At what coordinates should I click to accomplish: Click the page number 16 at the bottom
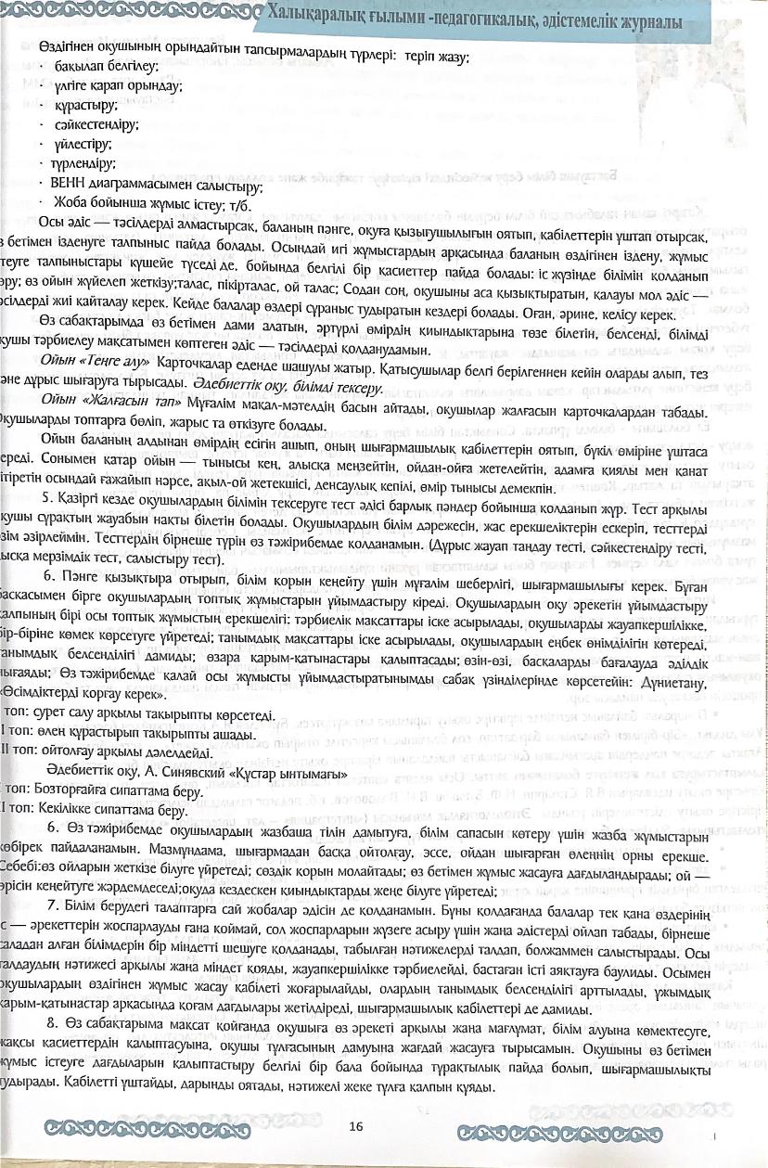(x=356, y=1127)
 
